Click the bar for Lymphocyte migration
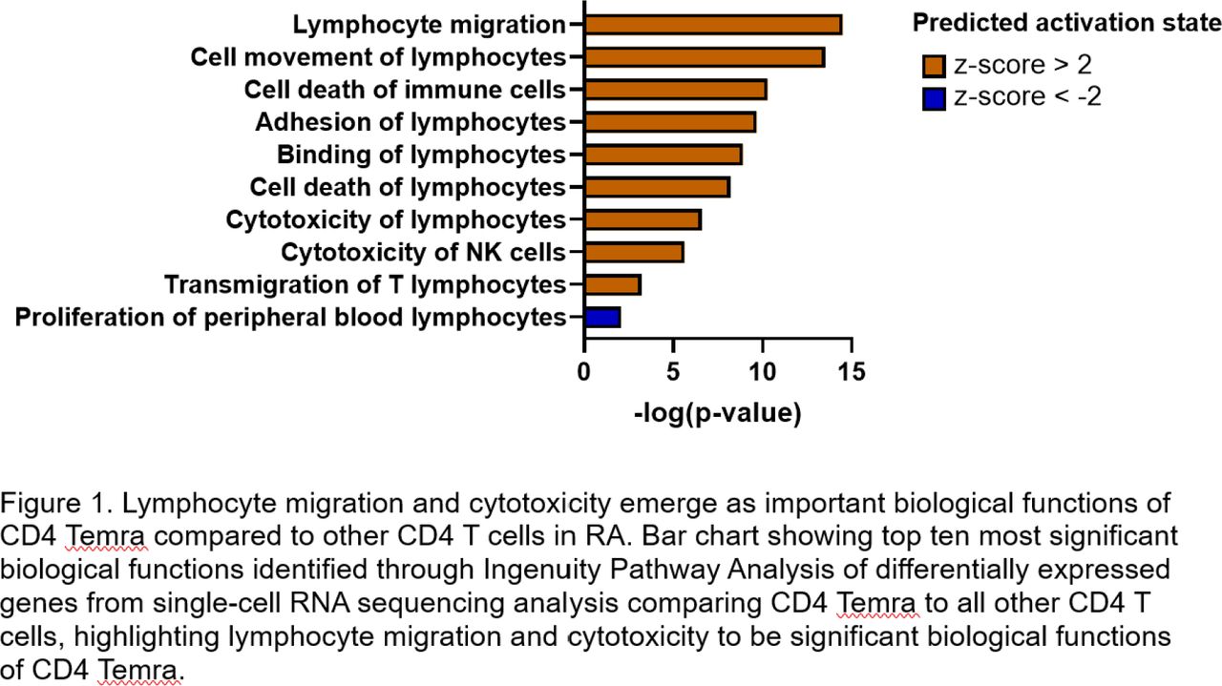click(x=713, y=25)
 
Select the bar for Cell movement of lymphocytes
click(x=705, y=57)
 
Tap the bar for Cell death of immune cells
click(x=675, y=90)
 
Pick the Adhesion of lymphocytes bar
click(x=670, y=122)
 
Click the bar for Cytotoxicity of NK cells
click(x=634, y=253)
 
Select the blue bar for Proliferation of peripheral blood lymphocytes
click(x=602, y=318)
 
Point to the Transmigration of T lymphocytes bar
click(x=613, y=284)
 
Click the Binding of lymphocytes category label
click(x=421, y=155)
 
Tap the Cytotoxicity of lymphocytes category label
click(x=395, y=220)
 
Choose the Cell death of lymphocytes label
click(x=408, y=188)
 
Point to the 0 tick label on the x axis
click(x=583, y=372)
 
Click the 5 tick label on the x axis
click(x=673, y=372)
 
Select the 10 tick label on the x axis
click(x=762, y=372)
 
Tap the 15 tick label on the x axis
click(x=852, y=372)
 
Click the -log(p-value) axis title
click(x=718, y=414)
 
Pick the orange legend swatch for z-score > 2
click(x=934, y=66)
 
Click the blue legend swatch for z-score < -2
click(x=934, y=99)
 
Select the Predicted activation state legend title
click(x=1066, y=24)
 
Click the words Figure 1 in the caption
click(x=56, y=504)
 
